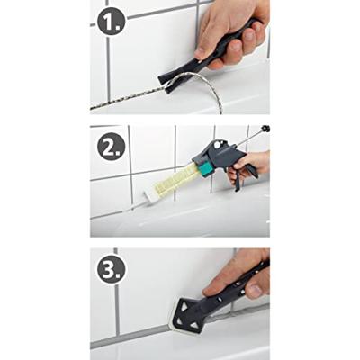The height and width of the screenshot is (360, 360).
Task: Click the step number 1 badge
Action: point(112,22)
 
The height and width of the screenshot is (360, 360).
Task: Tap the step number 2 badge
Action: point(111,147)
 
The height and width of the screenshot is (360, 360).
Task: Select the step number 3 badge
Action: point(111,270)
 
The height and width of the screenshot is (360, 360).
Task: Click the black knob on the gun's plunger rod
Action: point(265,129)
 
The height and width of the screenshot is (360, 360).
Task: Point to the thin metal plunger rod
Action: point(250,138)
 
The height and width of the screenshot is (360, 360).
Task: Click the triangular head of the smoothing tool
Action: point(188,313)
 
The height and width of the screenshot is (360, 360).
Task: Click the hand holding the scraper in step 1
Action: point(231,33)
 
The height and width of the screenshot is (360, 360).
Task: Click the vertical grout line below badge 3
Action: point(117,310)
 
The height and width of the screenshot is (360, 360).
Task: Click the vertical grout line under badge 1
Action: point(109,69)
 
